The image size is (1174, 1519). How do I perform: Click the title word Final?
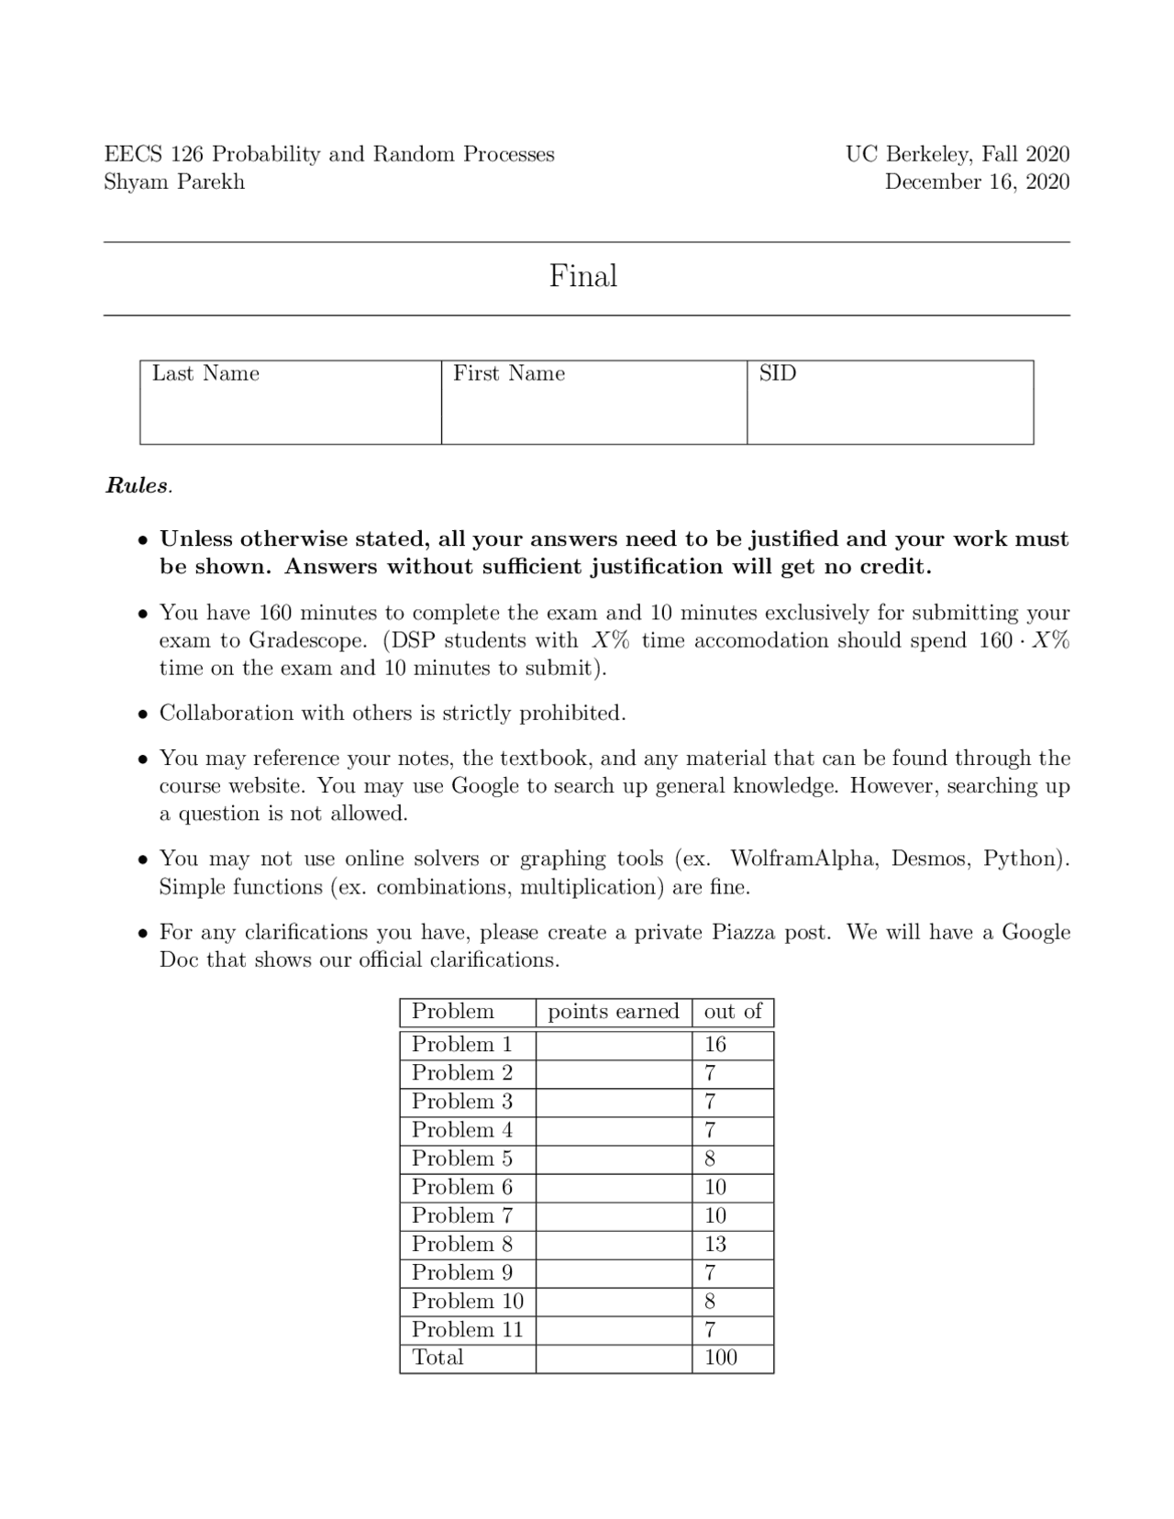(x=582, y=276)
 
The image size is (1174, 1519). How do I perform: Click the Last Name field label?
(x=205, y=373)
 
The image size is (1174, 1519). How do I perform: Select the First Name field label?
(x=509, y=373)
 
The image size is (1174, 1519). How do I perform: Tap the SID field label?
(x=777, y=373)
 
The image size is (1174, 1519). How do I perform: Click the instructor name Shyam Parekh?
(x=174, y=182)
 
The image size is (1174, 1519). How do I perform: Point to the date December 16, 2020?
(x=977, y=182)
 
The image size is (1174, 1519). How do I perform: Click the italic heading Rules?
(x=138, y=485)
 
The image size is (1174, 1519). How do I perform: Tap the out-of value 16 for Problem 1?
(x=714, y=1044)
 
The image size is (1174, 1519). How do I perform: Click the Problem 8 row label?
(x=461, y=1244)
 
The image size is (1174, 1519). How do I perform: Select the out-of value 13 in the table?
(x=714, y=1244)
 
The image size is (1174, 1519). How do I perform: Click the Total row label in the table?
(x=437, y=1358)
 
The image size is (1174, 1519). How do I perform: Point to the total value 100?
(x=720, y=1358)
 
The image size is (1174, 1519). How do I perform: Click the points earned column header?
(x=613, y=1011)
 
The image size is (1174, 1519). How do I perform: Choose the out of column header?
(x=732, y=1011)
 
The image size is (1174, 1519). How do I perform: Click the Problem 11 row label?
(x=467, y=1329)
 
